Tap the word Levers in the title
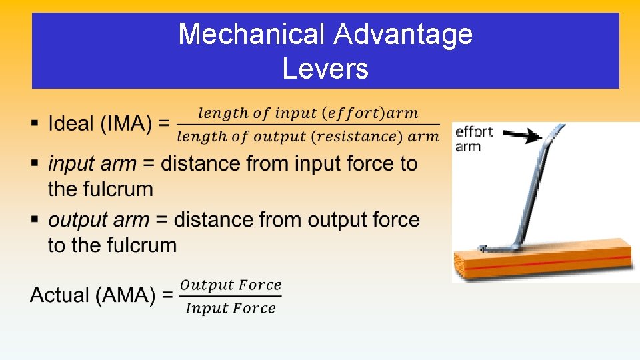pyautogui.click(x=325, y=68)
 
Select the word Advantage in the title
pyautogui.click(x=403, y=35)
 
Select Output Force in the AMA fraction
pyautogui.click(x=231, y=285)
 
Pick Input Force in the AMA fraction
pyautogui.click(x=231, y=308)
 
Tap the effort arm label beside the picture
pyautogui.click(x=473, y=139)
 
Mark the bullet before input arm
pyautogui.click(x=34, y=163)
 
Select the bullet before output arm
pyautogui.click(x=34, y=219)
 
